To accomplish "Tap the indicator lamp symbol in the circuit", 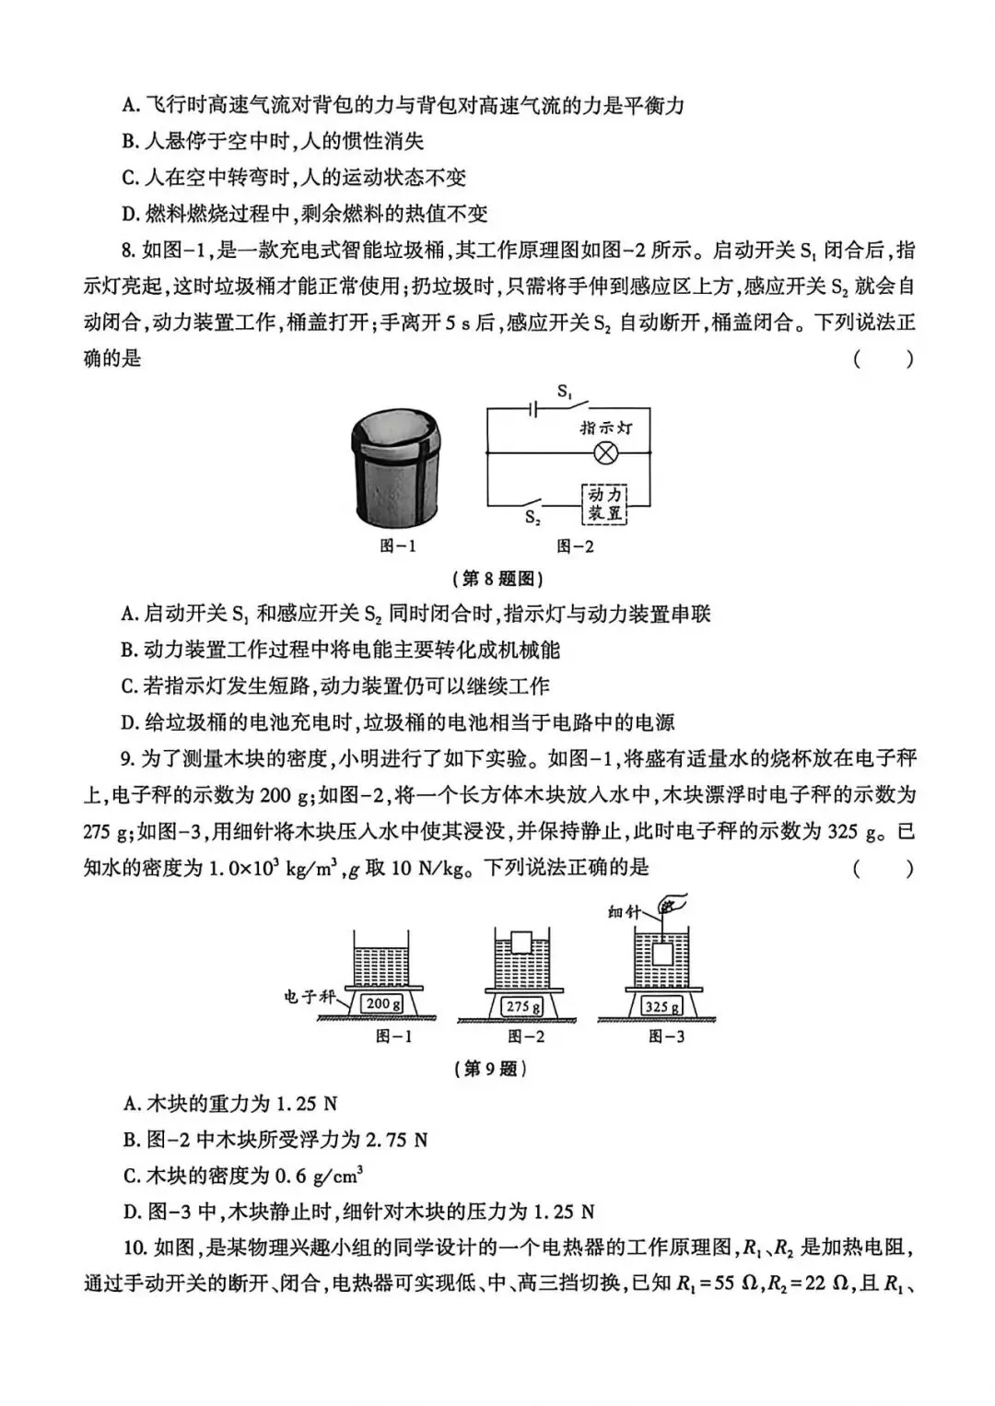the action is click(606, 452).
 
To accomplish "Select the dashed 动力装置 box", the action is click(605, 504).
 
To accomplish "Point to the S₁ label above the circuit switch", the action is click(564, 391).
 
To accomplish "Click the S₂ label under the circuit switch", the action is click(533, 518).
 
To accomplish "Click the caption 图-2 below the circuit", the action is click(575, 546).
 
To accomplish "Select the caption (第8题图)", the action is click(498, 579).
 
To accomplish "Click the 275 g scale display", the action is click(523, 1006).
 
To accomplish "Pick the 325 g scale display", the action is click(662, 1006).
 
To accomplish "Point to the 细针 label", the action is click(624, 911).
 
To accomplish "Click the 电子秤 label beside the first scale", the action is click(310, 997).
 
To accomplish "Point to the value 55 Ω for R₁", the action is click(735, 1283).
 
